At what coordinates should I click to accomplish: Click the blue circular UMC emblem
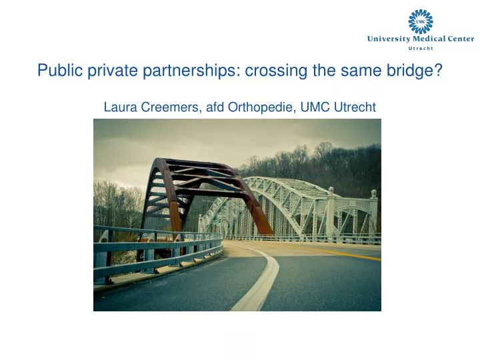click(420, 22)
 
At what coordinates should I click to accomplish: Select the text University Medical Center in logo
click(420, 39)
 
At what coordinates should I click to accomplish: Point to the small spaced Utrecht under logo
click(420, 48)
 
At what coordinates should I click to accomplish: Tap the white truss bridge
click(293, 200)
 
